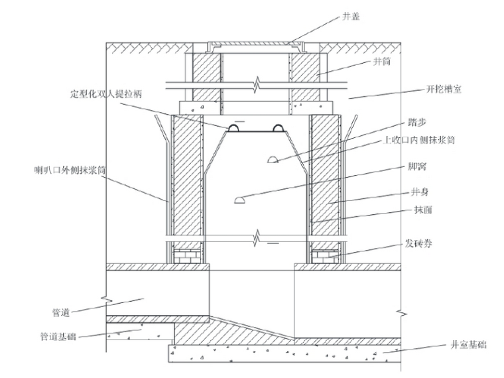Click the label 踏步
coord(414,123)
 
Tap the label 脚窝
coord(412,168)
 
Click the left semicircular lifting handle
coord(235,127)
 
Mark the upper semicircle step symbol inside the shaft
coord(271,159)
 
